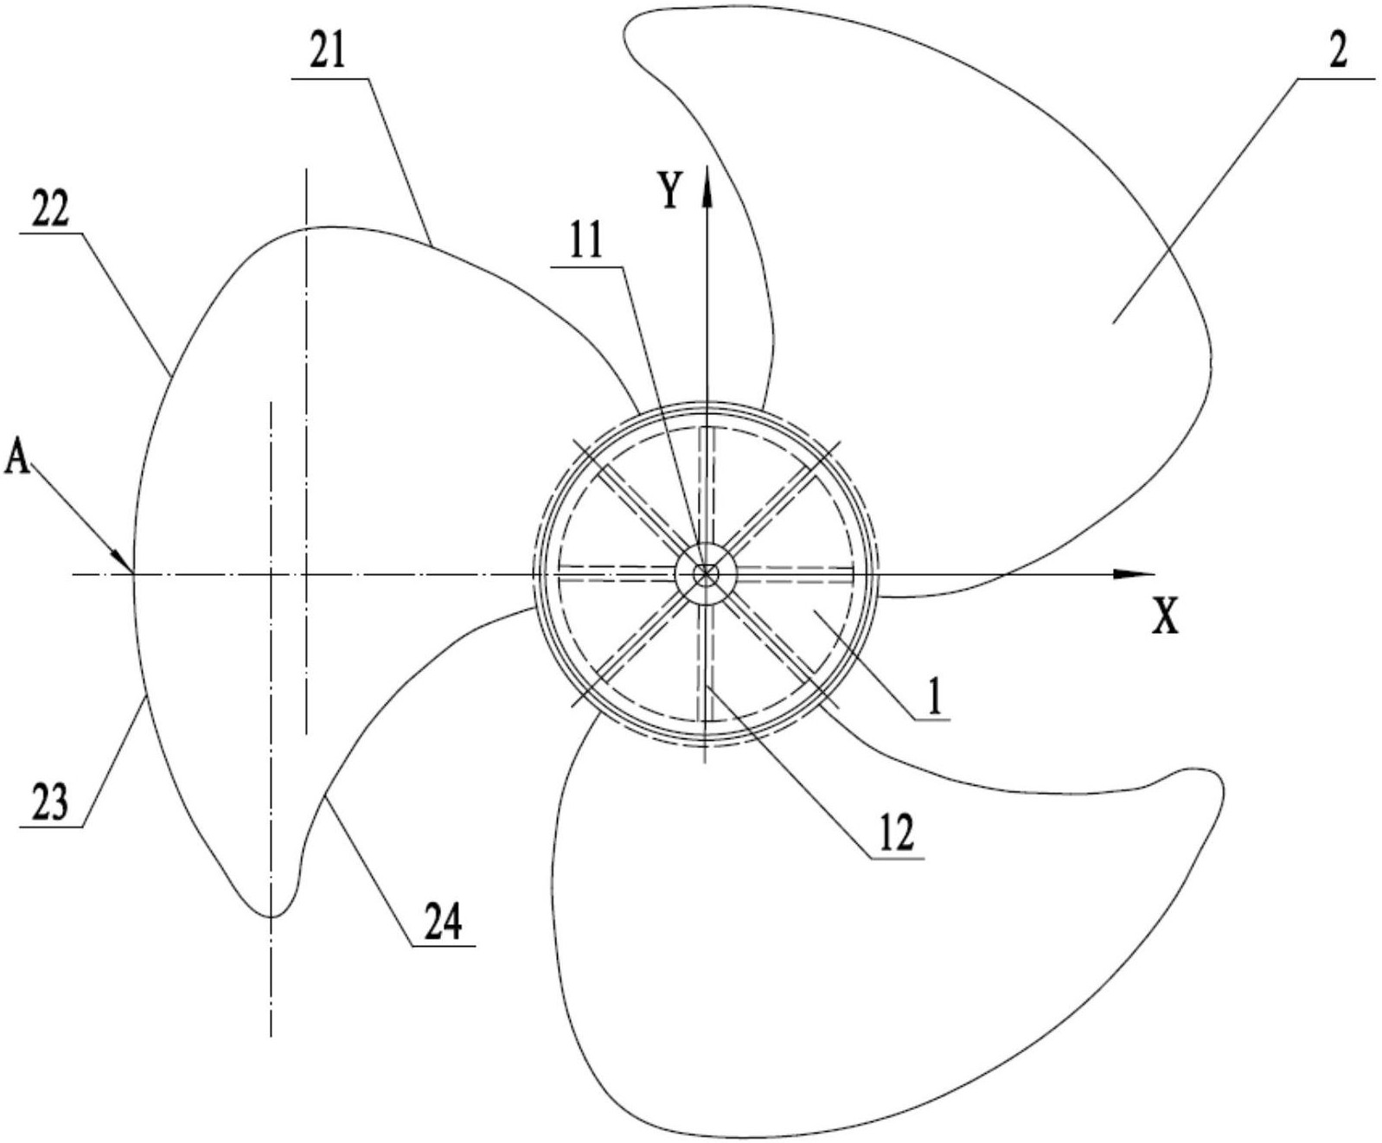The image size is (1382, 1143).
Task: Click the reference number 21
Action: click(x=327, y=53)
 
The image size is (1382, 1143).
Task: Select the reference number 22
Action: click(x=50, y=209)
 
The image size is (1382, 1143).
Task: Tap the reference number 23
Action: click(x=51, y=804)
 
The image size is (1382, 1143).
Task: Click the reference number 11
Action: click(x=586, y=244)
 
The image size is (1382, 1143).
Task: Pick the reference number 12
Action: click(x=894, y=834)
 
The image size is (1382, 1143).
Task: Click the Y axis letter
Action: click(x=670, y=192)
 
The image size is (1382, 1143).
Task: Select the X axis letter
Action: click(x=1165, y=618)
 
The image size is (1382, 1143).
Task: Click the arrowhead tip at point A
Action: click(x=132, y=571)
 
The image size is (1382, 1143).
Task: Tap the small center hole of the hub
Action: click(x=706, y=573)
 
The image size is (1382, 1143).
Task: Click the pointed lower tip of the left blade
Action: click(x=270, y=916)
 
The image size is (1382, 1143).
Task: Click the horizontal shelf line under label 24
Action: click(x=443, y=946)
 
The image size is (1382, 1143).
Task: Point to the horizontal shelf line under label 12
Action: click(x=894, y=858)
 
